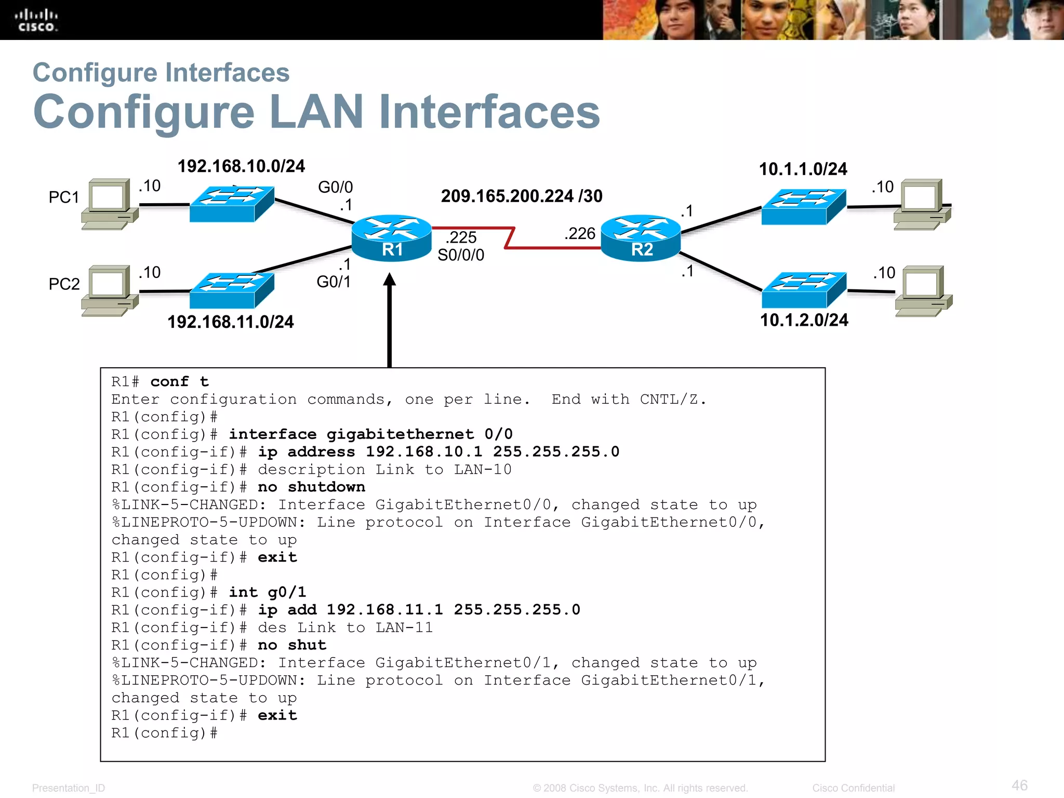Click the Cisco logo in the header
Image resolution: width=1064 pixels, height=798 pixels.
coord(36,20)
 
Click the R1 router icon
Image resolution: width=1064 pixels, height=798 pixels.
coord(391,238)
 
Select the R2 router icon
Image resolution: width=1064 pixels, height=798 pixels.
coord(641,238)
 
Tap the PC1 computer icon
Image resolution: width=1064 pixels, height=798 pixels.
coord(110,204)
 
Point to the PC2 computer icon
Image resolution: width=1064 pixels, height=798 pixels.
coord(110,290)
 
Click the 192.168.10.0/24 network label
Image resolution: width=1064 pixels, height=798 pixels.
coord(241,166)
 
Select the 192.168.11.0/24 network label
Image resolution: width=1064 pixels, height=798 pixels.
coord(230,322)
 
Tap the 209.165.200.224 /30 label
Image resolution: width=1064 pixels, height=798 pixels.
coord(522,196)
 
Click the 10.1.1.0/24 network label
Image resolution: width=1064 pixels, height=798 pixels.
coord(803,169)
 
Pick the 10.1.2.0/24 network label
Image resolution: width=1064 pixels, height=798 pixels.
coord(804,320)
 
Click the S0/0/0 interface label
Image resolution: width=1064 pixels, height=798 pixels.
coord(461,255)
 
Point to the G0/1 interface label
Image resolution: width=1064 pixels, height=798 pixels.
coord(334,282)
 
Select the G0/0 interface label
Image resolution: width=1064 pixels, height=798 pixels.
coord(335,187)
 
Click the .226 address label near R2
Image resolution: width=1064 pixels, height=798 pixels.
coord(580,233)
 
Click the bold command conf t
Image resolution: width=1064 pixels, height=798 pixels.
coord(179,382)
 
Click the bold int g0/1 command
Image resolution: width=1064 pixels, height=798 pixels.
coord(268,592)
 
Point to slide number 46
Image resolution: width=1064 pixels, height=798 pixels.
coord(1019,785)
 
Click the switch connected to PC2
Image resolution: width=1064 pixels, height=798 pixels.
coord(232,290)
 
